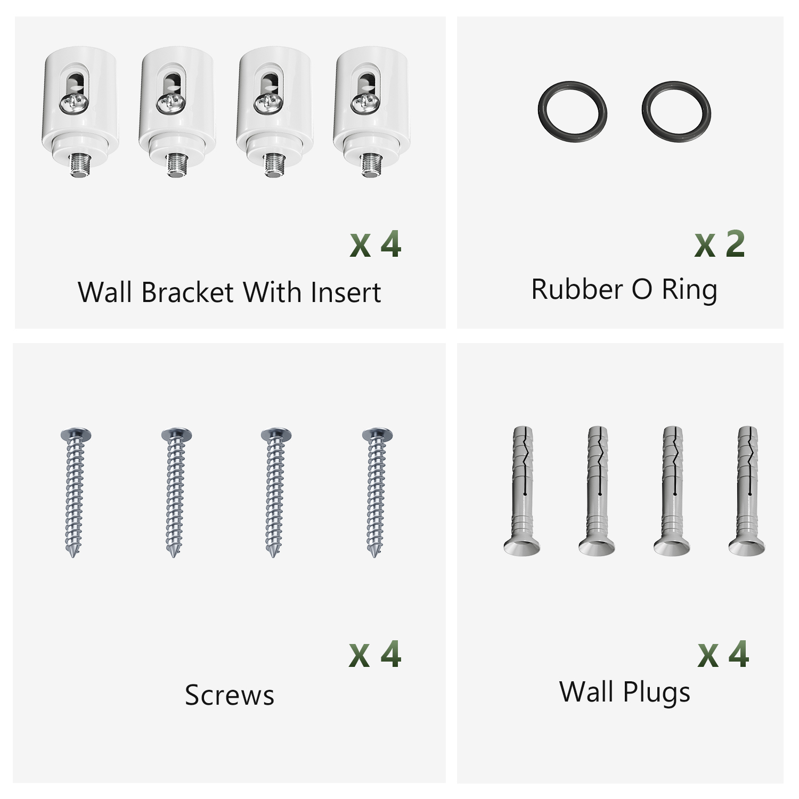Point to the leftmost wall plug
(522, 490)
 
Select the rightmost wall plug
(747, 490)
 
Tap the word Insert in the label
(346, 292)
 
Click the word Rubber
(577, 289)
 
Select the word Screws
(230, 695)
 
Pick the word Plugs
(656, 692)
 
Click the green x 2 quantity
(720, 245)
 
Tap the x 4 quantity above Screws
(375, 654)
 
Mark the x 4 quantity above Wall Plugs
(723, 654)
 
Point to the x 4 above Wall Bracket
(376, 245)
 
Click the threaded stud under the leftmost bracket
(79, 164)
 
